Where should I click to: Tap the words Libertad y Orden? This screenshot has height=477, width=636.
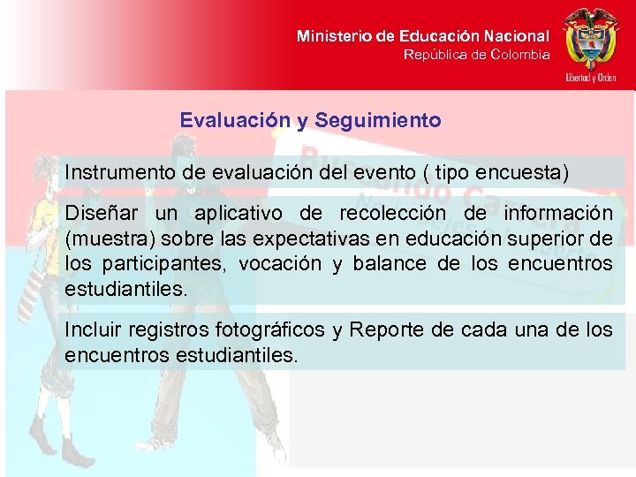coord(591,78)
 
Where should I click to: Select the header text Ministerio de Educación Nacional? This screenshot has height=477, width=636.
coord(422,36)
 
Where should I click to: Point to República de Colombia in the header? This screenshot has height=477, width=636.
coord(476,55)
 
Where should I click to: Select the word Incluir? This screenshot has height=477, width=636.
coord(93,330)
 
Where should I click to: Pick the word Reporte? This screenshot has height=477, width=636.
coord(386,330)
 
